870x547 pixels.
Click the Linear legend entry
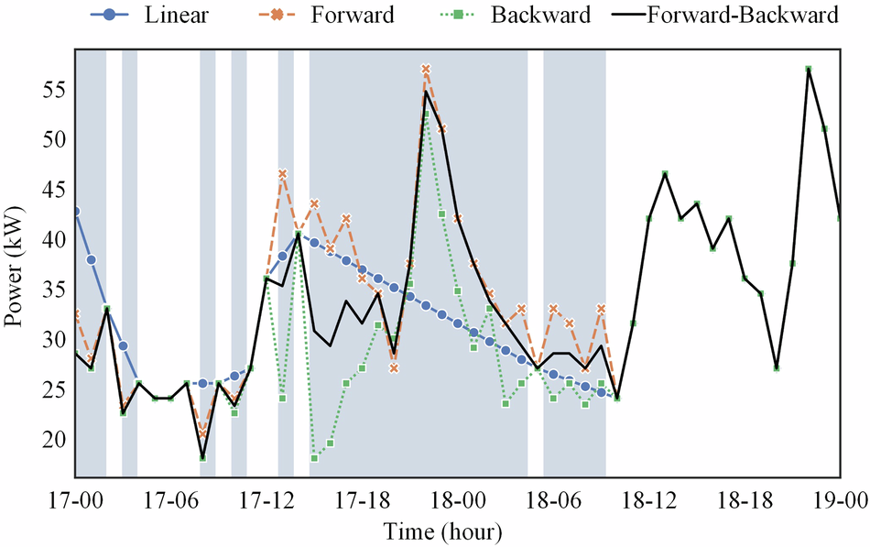(x=166, y=16)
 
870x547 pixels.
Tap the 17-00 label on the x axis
(x=75, y=501)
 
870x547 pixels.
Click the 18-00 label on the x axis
(x=458, y=501)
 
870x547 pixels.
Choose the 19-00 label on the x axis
(x=840, y=501)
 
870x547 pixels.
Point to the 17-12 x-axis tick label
(x=266, y=501)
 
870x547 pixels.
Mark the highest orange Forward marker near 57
(x=426, y=69)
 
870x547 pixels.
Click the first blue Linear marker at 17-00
(x=75, y=211)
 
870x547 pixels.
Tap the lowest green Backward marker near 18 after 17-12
(x=314, y=458)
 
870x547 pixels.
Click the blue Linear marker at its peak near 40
(x=299, y=235)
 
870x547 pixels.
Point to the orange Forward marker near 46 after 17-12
(x=283, y=173)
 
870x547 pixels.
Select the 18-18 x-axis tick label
(x=745, y=501)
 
